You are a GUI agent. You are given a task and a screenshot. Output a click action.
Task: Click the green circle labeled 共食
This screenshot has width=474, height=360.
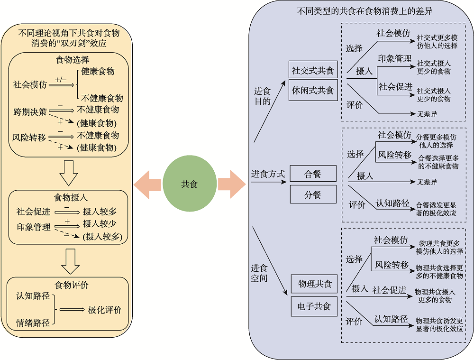coord(189,185)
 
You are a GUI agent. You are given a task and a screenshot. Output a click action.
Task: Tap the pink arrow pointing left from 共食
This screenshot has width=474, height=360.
coord(147,185)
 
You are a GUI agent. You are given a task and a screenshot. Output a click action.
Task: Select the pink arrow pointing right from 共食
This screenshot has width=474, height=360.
coord(231,185)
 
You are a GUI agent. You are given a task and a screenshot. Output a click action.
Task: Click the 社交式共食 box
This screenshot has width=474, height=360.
coord(313,70)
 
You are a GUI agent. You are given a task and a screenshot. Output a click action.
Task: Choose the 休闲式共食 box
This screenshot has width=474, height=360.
coord(313,90)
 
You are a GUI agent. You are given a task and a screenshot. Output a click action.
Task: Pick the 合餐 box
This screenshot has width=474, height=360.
coord(313,174)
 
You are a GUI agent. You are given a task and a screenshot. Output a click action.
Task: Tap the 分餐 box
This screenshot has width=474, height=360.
coord(313,194)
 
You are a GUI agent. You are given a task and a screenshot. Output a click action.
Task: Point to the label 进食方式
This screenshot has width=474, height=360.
coord(268,174)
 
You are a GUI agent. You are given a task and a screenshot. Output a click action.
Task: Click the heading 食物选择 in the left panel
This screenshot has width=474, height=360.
coord(73,59)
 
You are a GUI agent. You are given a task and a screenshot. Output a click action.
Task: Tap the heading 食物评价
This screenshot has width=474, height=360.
coord(72,285)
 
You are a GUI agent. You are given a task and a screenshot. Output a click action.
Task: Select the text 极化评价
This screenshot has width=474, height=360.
coord(105,310)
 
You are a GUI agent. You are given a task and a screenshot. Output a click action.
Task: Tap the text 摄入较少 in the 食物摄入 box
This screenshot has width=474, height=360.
coord(100,223)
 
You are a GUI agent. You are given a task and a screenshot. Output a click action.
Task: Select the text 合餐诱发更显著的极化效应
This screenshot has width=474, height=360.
coord(436,209)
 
